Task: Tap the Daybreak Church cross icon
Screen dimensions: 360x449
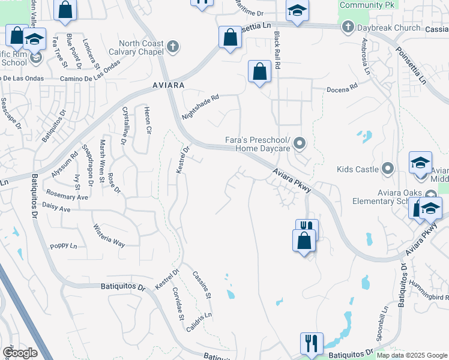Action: (x=347, y=28)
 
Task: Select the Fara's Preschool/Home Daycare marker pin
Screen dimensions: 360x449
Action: (x=300, y=143)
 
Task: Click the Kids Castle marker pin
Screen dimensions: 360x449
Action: (x=388, y=169)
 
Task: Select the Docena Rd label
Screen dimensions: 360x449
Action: (x=342, y=88)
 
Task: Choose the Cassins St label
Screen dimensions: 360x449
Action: (x=202, y=285)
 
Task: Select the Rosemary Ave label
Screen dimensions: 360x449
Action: (x=67, y=197)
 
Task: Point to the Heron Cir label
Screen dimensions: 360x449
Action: (x=146, y=119)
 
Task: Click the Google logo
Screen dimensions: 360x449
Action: (x=20, y=352)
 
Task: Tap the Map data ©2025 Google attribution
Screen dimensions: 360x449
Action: (x=412, y=355)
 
